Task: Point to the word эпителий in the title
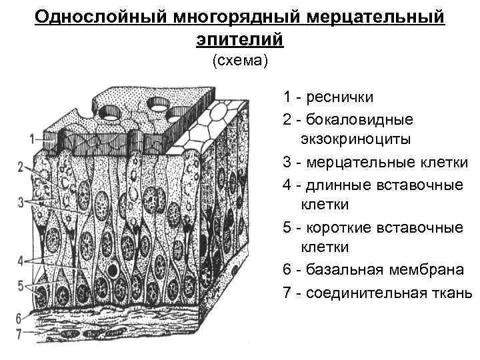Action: click(239, 38)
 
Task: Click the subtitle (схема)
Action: click(239, 61)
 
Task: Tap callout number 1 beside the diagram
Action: click(33, 139)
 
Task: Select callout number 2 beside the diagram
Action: click(21, 166)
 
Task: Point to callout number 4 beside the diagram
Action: click(21, 259)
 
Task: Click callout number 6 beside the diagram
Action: click(18, 316)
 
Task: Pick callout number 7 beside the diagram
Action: click(18, 330)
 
